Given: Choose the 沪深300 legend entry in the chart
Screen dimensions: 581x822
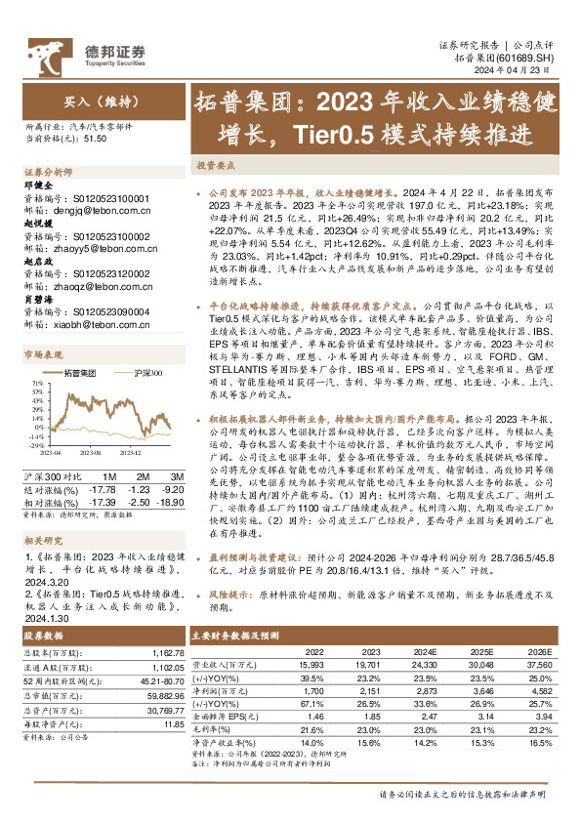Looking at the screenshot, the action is point(145,373).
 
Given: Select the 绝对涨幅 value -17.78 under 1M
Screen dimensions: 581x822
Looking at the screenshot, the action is point(103,488).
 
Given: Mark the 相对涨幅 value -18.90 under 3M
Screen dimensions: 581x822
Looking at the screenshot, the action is point(170,500).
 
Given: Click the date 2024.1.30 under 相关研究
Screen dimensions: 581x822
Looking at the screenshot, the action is point(44,617).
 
